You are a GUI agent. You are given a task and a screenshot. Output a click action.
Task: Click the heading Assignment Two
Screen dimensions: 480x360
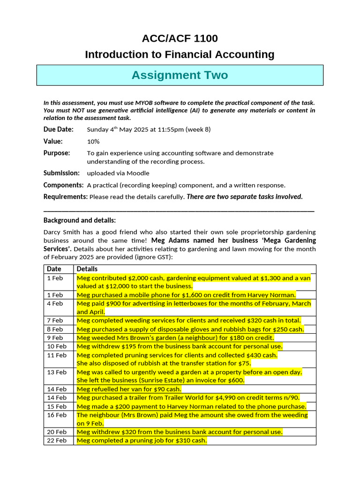tap(180, 75)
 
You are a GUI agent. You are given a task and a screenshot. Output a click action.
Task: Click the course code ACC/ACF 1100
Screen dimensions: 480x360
tap(180, 38)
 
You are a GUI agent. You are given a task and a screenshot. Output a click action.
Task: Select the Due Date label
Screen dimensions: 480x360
tap(59, 129)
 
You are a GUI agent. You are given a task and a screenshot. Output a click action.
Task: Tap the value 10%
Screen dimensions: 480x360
tap(93, 141)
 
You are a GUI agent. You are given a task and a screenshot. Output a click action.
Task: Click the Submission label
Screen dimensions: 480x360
tap(61, 173)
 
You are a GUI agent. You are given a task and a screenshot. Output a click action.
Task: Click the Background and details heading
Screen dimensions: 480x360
tap(80, 220)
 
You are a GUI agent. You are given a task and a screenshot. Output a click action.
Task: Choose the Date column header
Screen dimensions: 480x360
tap(54, 269)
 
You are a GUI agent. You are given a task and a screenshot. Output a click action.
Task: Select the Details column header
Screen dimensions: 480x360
tap(87, 269)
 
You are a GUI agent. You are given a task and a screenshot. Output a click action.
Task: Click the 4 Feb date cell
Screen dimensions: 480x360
tap(55, 303)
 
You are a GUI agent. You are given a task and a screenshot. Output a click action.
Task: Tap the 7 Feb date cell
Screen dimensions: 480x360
tap(55, 321)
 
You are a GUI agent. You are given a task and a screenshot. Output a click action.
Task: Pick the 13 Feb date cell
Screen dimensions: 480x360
tap(56, 372)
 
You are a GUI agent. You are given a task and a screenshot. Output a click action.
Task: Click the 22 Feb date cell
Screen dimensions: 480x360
tap(56, 440)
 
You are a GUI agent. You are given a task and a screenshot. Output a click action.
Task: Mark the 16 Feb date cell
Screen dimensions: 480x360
tap(56, 415)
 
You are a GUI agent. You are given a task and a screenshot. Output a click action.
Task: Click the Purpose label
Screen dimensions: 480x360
tap(57, 153)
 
